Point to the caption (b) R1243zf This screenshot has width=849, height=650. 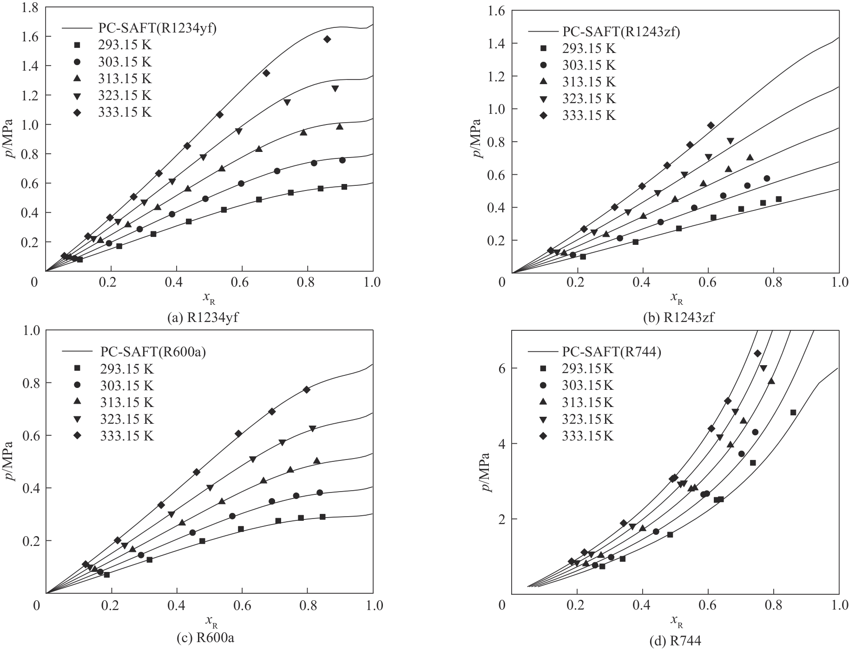(679, 318)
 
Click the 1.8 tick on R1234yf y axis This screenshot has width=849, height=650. (30, 7)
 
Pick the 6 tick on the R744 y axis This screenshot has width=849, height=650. (501, 368)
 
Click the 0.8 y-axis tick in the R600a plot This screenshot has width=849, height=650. (30, 383)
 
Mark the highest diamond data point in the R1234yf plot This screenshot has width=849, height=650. (327, 39)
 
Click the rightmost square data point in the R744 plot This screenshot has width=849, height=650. (793, 412)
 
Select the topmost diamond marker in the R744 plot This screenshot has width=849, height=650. (757, 354)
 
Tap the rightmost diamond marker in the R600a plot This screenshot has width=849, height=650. (306, 389)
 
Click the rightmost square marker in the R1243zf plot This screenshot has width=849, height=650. (778, 199)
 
